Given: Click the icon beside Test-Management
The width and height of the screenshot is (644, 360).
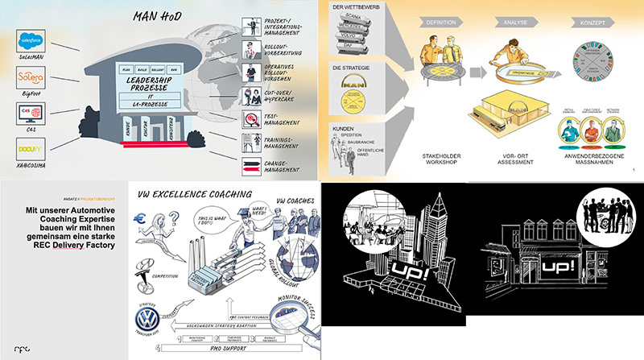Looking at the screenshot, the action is (x=249, y=118).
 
